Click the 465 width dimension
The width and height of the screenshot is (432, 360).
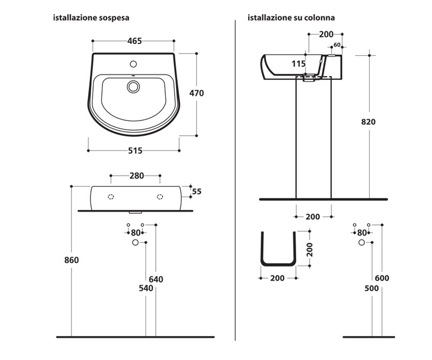[x=135, y=41]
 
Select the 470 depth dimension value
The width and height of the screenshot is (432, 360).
[x=197, y=93]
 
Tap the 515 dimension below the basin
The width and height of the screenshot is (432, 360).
[x=135, y=150]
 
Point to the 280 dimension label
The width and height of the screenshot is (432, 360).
[x=136, y=176]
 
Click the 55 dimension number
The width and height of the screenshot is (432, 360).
[x=197, y=192]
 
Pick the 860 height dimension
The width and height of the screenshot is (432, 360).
[x=71, y=260]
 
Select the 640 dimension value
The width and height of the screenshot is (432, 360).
[x=156, y=279]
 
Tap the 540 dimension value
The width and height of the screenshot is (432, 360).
[x=146, y=288]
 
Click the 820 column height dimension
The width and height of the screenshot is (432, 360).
[x=368, y=122]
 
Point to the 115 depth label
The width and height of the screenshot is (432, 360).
[x=298, y=64]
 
